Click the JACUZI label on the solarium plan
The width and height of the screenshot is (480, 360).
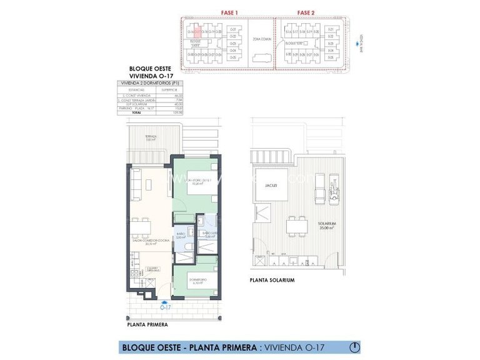[x=270, y=185]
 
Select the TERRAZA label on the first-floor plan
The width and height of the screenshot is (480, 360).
[x=151, y=138]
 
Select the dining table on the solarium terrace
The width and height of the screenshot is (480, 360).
[x=296, y=224]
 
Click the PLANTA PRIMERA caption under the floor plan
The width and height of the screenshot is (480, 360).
[x=147, y=325]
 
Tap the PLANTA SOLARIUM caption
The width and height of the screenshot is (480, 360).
[x=272, y=281]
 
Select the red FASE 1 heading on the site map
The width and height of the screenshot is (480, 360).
[x=230, y=12]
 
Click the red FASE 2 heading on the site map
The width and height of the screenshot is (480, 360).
[x=306, y=12]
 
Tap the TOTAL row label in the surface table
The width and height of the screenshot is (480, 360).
[x=136, y=113]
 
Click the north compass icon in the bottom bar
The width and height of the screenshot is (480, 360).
[x=354, y=347]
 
